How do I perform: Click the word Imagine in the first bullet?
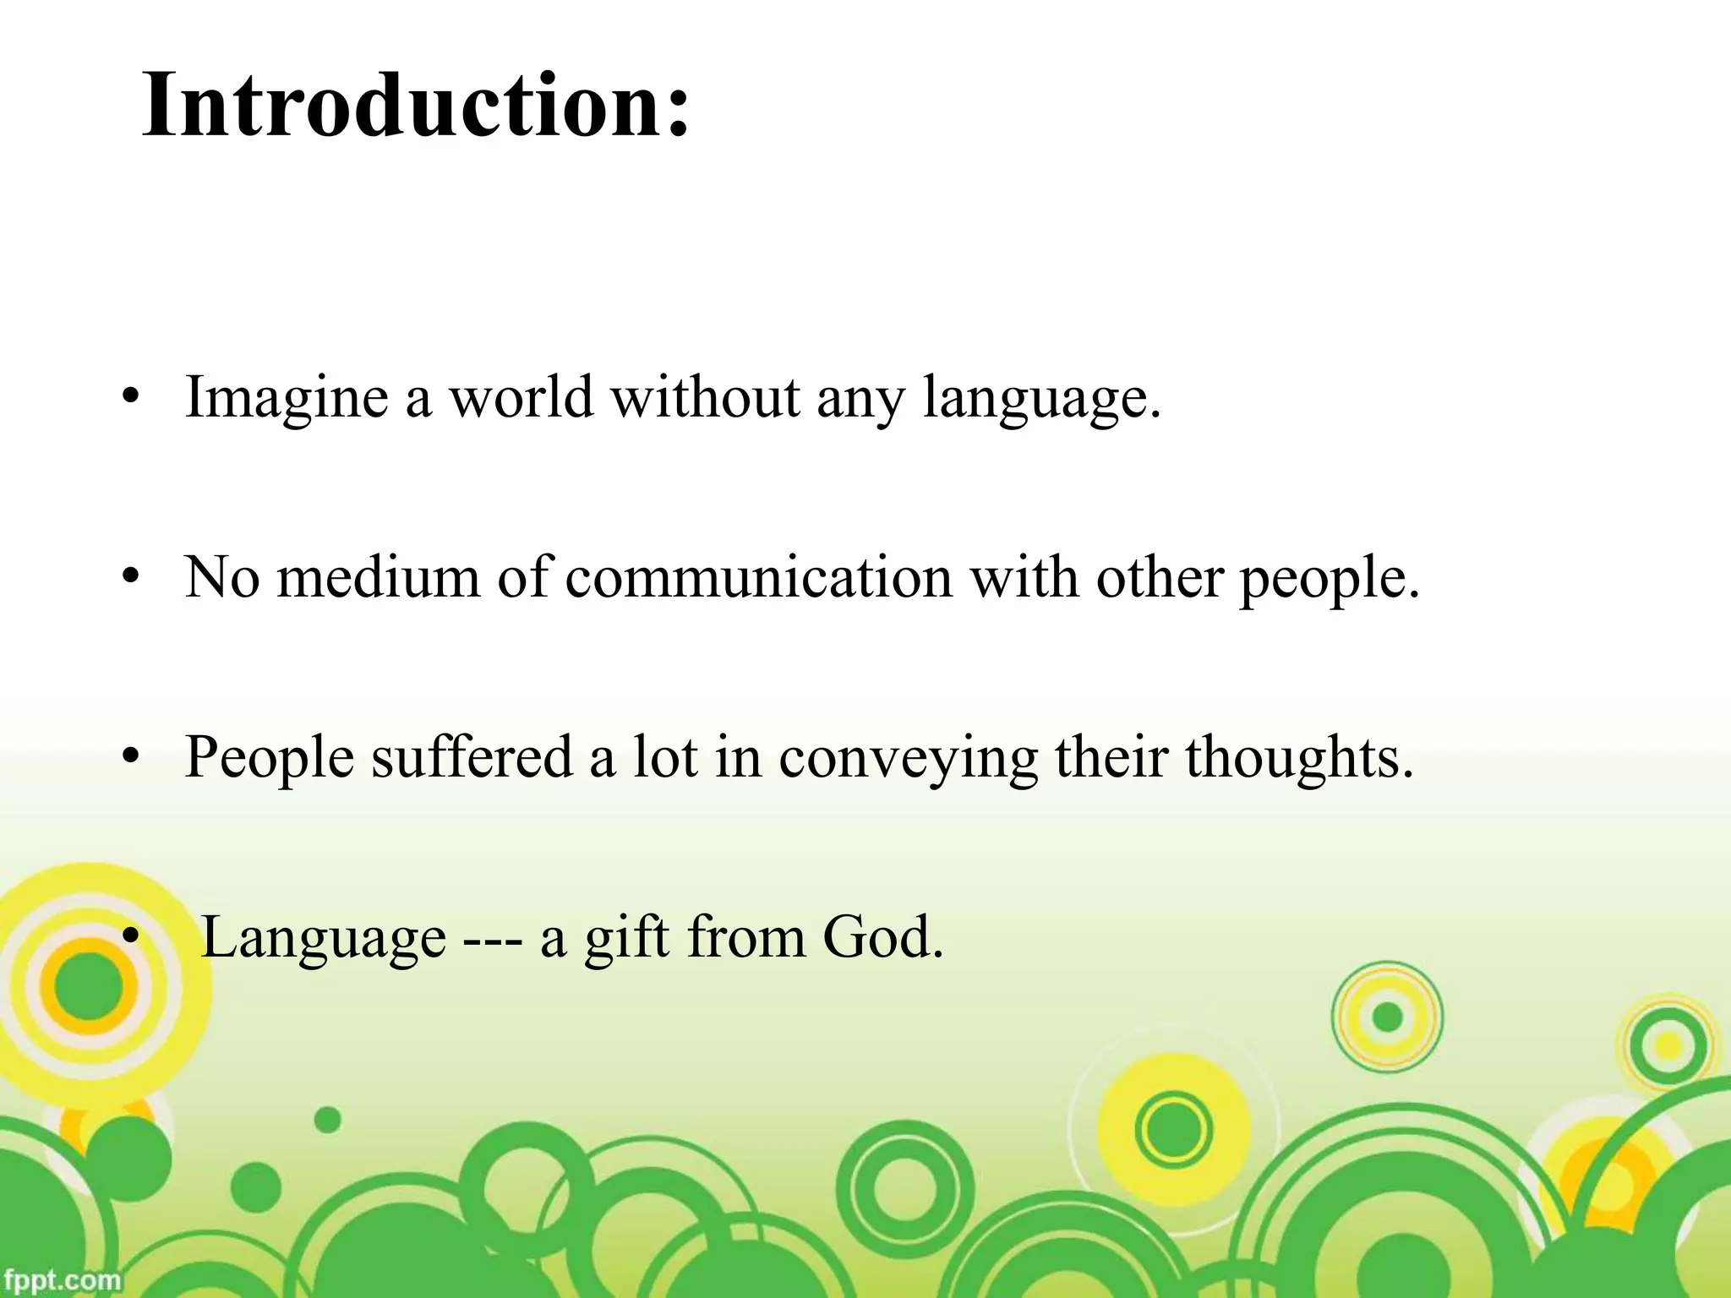[287, 397]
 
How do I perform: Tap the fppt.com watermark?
[61, 1279]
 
